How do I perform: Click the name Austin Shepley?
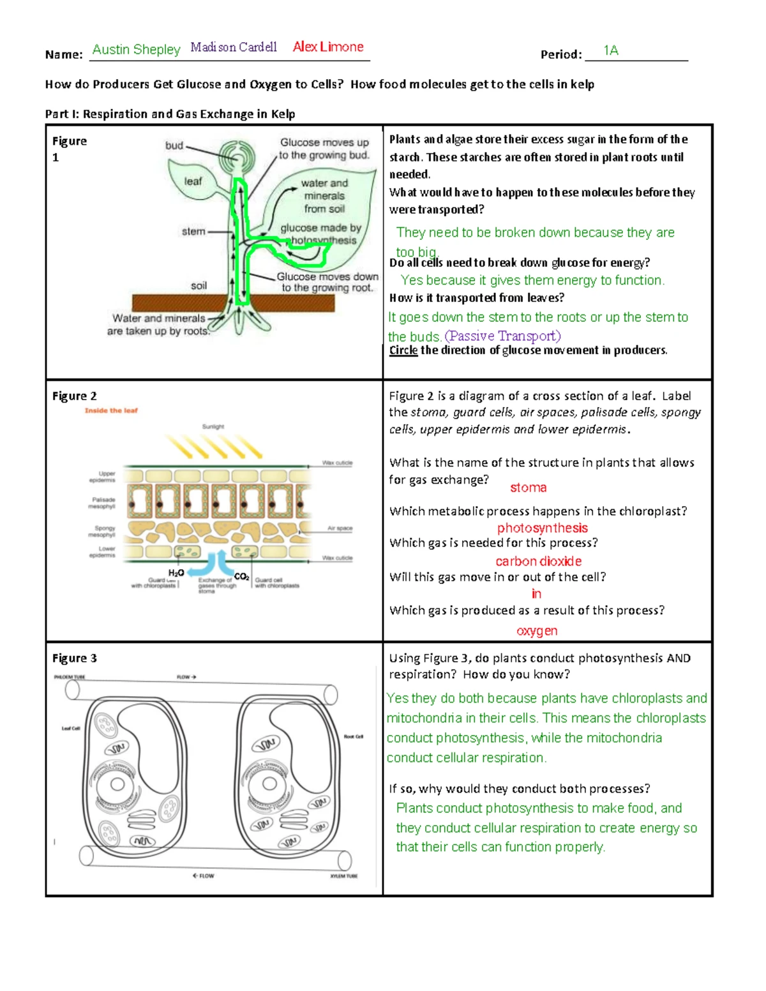[136, 49]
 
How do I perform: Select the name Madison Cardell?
[234, 47]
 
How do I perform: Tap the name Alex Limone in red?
[328, 47]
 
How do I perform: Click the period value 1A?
[611, 50]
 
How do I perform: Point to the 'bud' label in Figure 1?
[174, 145]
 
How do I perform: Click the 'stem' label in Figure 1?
[193, 232]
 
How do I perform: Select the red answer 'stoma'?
[528, 488]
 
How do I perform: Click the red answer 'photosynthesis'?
[542, 528]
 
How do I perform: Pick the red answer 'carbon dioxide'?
[538, 561]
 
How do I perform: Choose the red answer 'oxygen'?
[537, 630]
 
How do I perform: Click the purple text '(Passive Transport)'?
[502, 336]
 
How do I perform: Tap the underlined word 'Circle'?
[403, 350]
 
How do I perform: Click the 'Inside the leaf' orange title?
[111, 410]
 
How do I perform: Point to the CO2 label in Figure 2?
[241, 576]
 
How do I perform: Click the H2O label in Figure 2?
[176, 573]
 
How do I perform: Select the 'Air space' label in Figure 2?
[340, 528]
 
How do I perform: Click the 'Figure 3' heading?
[75, 658]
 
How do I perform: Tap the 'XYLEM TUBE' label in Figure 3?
[343, 876]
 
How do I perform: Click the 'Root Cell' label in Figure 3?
[353, 736]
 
